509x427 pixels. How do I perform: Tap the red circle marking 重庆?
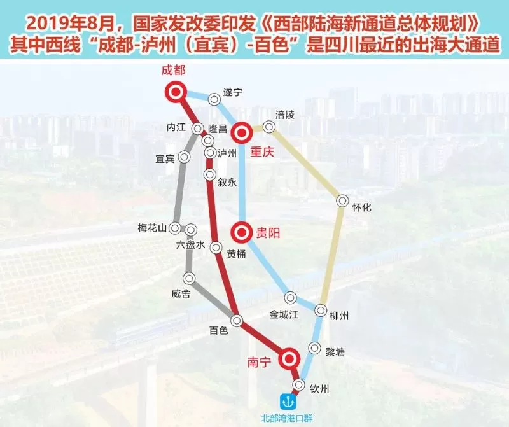[242, 133]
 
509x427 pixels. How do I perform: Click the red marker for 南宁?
[289, 359]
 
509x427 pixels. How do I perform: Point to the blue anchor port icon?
[286, 402]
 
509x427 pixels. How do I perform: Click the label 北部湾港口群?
[286, 418]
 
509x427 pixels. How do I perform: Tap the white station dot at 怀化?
[343, 201]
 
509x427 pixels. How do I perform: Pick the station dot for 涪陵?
[269, 127]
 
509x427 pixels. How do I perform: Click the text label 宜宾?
[165, 158]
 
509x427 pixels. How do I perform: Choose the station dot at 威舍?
[189, 278]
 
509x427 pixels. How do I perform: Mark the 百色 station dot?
[237, 320]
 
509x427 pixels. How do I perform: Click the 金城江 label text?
[284, 314]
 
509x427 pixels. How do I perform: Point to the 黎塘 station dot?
[314, 348]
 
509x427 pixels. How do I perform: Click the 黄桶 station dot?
[216, 248]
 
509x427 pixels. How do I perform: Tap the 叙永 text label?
[227, 182]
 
